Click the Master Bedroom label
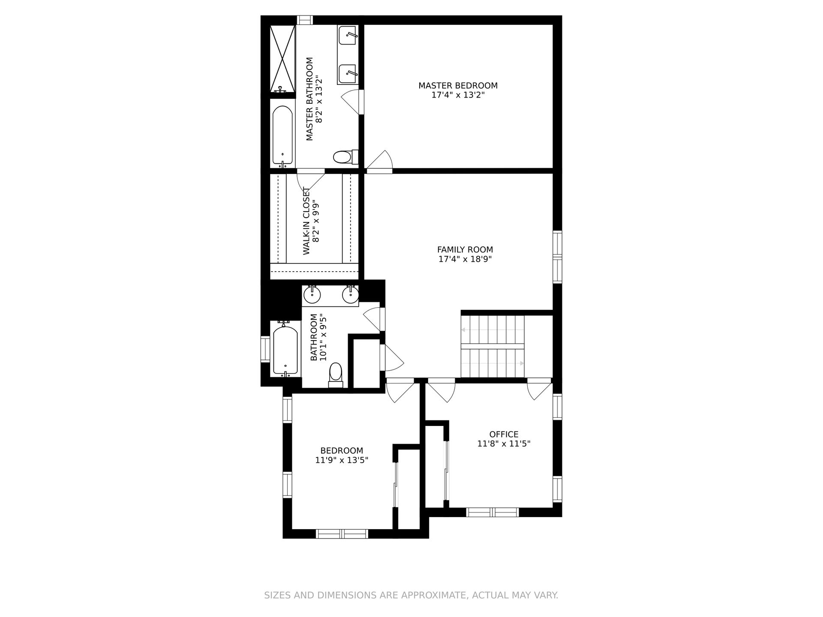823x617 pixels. pos(458,86)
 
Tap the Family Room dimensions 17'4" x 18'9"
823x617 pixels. pos(465,259)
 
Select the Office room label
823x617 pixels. pos(504,434)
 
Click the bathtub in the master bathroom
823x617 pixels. pos(282,136)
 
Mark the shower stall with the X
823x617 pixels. pos(282,59)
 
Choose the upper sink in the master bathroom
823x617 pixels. pos(348,35)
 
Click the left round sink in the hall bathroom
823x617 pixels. pos(312,294)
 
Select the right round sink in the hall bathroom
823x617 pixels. pos(350,294)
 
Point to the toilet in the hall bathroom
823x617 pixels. pos(336,375)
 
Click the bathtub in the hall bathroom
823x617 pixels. pos(285,349)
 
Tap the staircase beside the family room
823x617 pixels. pos(493,347)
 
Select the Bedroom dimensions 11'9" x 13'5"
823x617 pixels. pos(342,460)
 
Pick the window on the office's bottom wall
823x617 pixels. pos(493,512)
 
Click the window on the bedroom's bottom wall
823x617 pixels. pos(342,534)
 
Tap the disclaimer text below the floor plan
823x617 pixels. pos(411,595)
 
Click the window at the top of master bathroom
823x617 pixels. pos(305,20)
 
